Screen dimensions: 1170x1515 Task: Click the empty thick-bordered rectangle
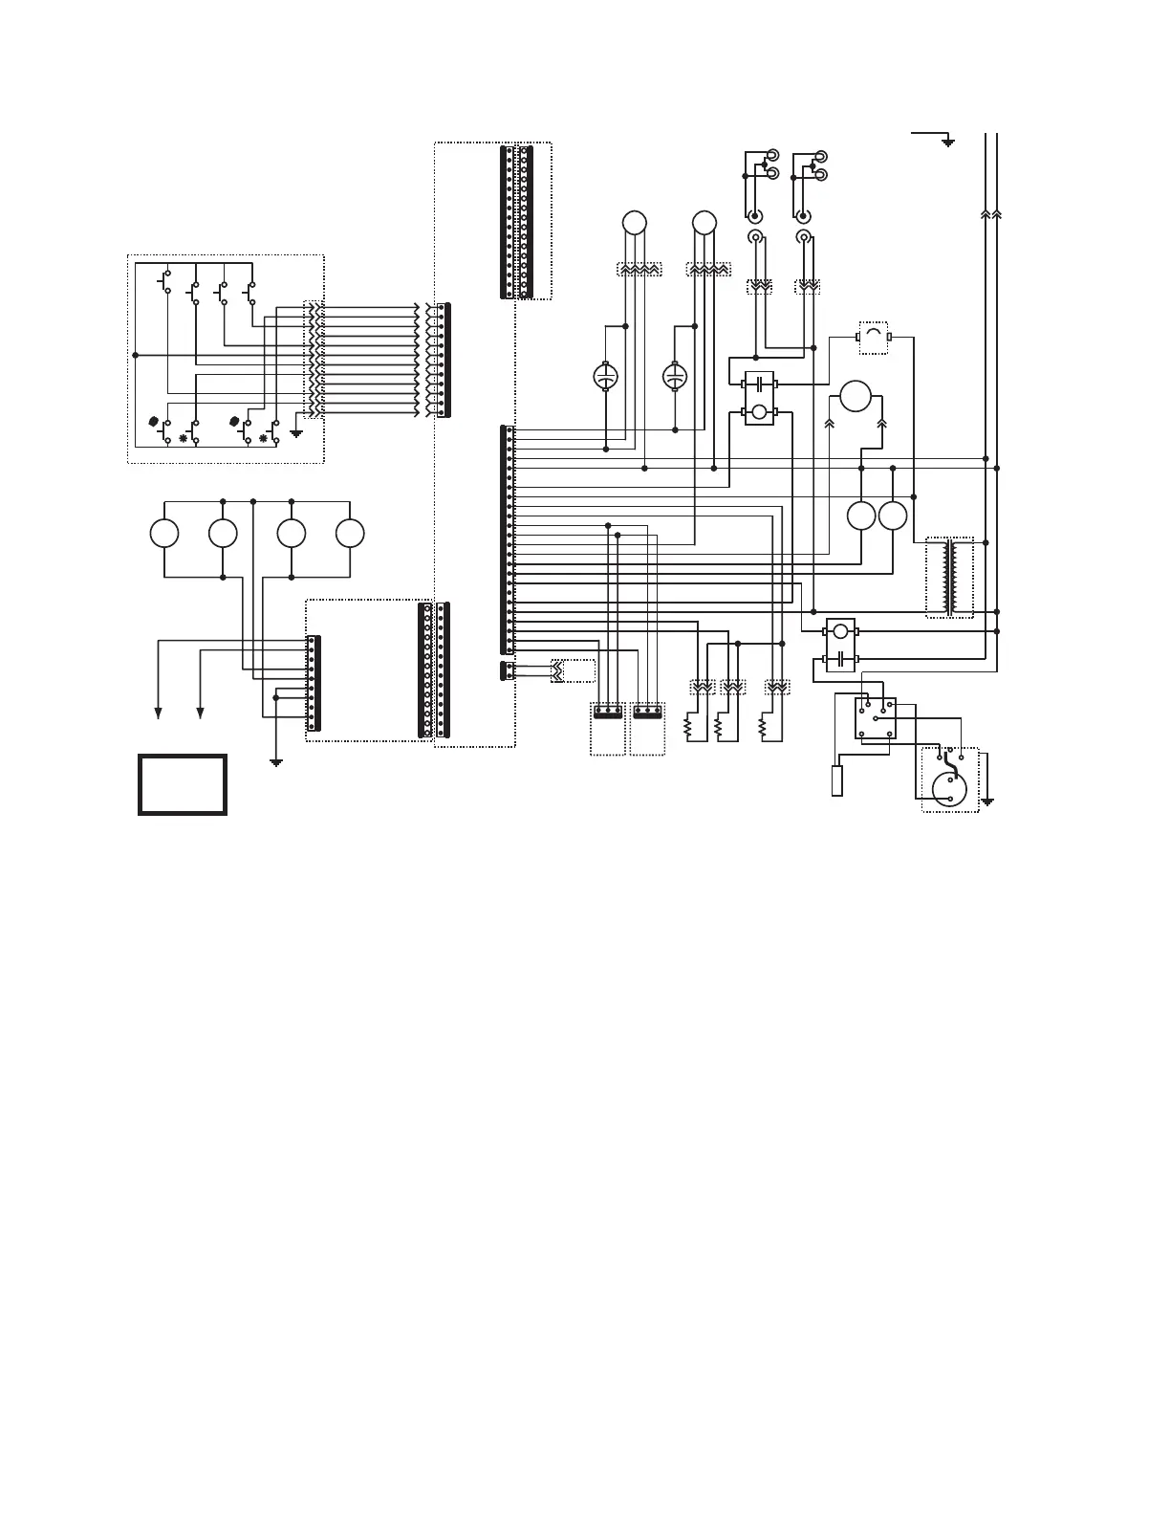pos(183,784)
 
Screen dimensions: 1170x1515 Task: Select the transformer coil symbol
pos(949,579)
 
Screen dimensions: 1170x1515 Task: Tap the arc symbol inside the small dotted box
pos(873,336)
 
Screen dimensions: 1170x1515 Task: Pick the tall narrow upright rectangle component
pos(837,780)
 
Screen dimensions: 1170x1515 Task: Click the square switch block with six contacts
pos(875,717)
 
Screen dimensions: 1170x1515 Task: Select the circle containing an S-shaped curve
pos(949,787)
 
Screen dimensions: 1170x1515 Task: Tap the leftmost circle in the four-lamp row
pos(164,534)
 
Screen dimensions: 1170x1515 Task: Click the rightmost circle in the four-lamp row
pos(350,534)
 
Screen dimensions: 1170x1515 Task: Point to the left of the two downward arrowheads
pos(158,711)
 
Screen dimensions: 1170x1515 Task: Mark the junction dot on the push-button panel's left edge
pos(135,355)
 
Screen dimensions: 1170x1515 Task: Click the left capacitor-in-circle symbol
pos(604,377)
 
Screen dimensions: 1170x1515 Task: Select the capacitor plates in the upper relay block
pos(760,384)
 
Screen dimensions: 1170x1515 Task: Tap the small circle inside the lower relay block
pos(840,631)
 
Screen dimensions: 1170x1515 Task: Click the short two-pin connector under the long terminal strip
pos(506,671)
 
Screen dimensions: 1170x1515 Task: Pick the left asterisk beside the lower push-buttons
pos(184,439)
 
